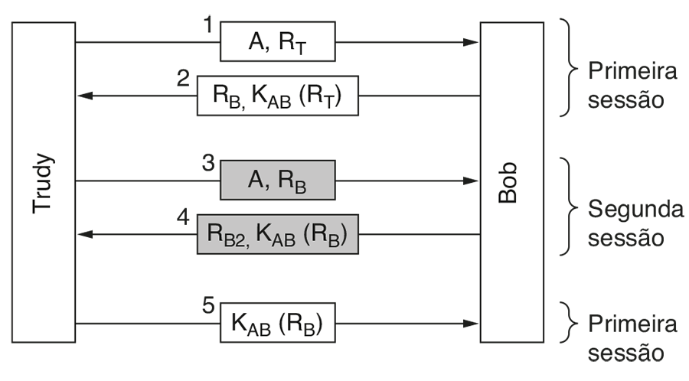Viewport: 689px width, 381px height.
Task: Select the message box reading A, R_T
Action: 277,41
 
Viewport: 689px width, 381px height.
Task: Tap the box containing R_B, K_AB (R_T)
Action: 277,96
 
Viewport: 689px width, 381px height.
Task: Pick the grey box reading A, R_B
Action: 277,181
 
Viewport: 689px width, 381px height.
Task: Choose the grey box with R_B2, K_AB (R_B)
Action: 277,234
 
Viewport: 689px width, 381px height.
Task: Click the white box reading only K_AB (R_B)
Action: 277,323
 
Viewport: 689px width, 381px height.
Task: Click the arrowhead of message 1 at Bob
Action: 472,41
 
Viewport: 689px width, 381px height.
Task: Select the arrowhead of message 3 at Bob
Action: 472,181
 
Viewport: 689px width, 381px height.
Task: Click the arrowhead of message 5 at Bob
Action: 472,323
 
